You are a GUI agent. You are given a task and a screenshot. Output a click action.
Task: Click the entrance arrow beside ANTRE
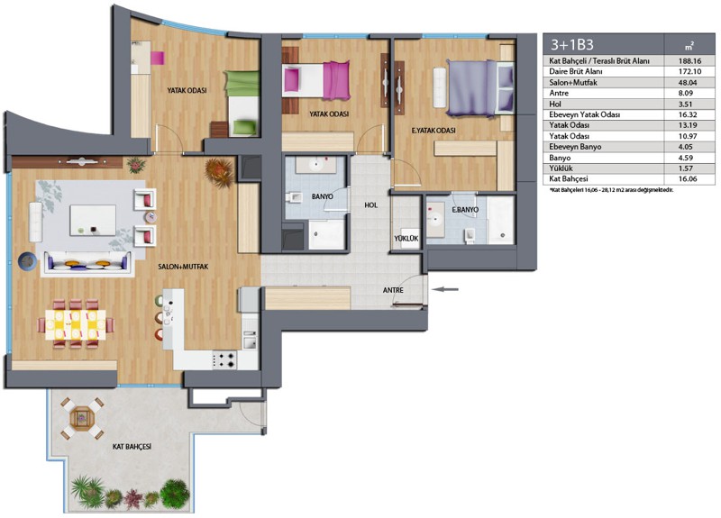446,289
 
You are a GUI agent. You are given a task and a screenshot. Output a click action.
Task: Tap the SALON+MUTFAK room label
183,267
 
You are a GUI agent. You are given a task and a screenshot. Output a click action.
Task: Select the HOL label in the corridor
370,205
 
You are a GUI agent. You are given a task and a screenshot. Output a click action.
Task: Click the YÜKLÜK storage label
406,239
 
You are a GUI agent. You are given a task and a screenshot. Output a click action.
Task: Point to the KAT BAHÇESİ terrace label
132,446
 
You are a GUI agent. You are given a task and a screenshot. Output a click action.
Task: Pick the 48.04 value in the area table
689,83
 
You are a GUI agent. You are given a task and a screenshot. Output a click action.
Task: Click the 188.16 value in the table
689,60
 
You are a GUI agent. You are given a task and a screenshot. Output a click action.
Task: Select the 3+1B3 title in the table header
572,44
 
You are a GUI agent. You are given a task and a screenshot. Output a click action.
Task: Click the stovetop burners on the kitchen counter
224,359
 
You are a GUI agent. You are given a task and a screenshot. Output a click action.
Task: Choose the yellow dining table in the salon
76,324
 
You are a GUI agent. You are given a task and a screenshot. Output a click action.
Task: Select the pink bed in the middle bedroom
316,81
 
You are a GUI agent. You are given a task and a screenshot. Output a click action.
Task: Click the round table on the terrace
82,418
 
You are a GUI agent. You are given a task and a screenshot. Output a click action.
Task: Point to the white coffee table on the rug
93,220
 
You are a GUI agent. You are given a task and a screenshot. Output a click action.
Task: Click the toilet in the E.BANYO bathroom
470,235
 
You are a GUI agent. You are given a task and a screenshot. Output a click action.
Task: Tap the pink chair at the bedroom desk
157,58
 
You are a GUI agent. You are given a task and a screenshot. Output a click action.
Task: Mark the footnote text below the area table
611,190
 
